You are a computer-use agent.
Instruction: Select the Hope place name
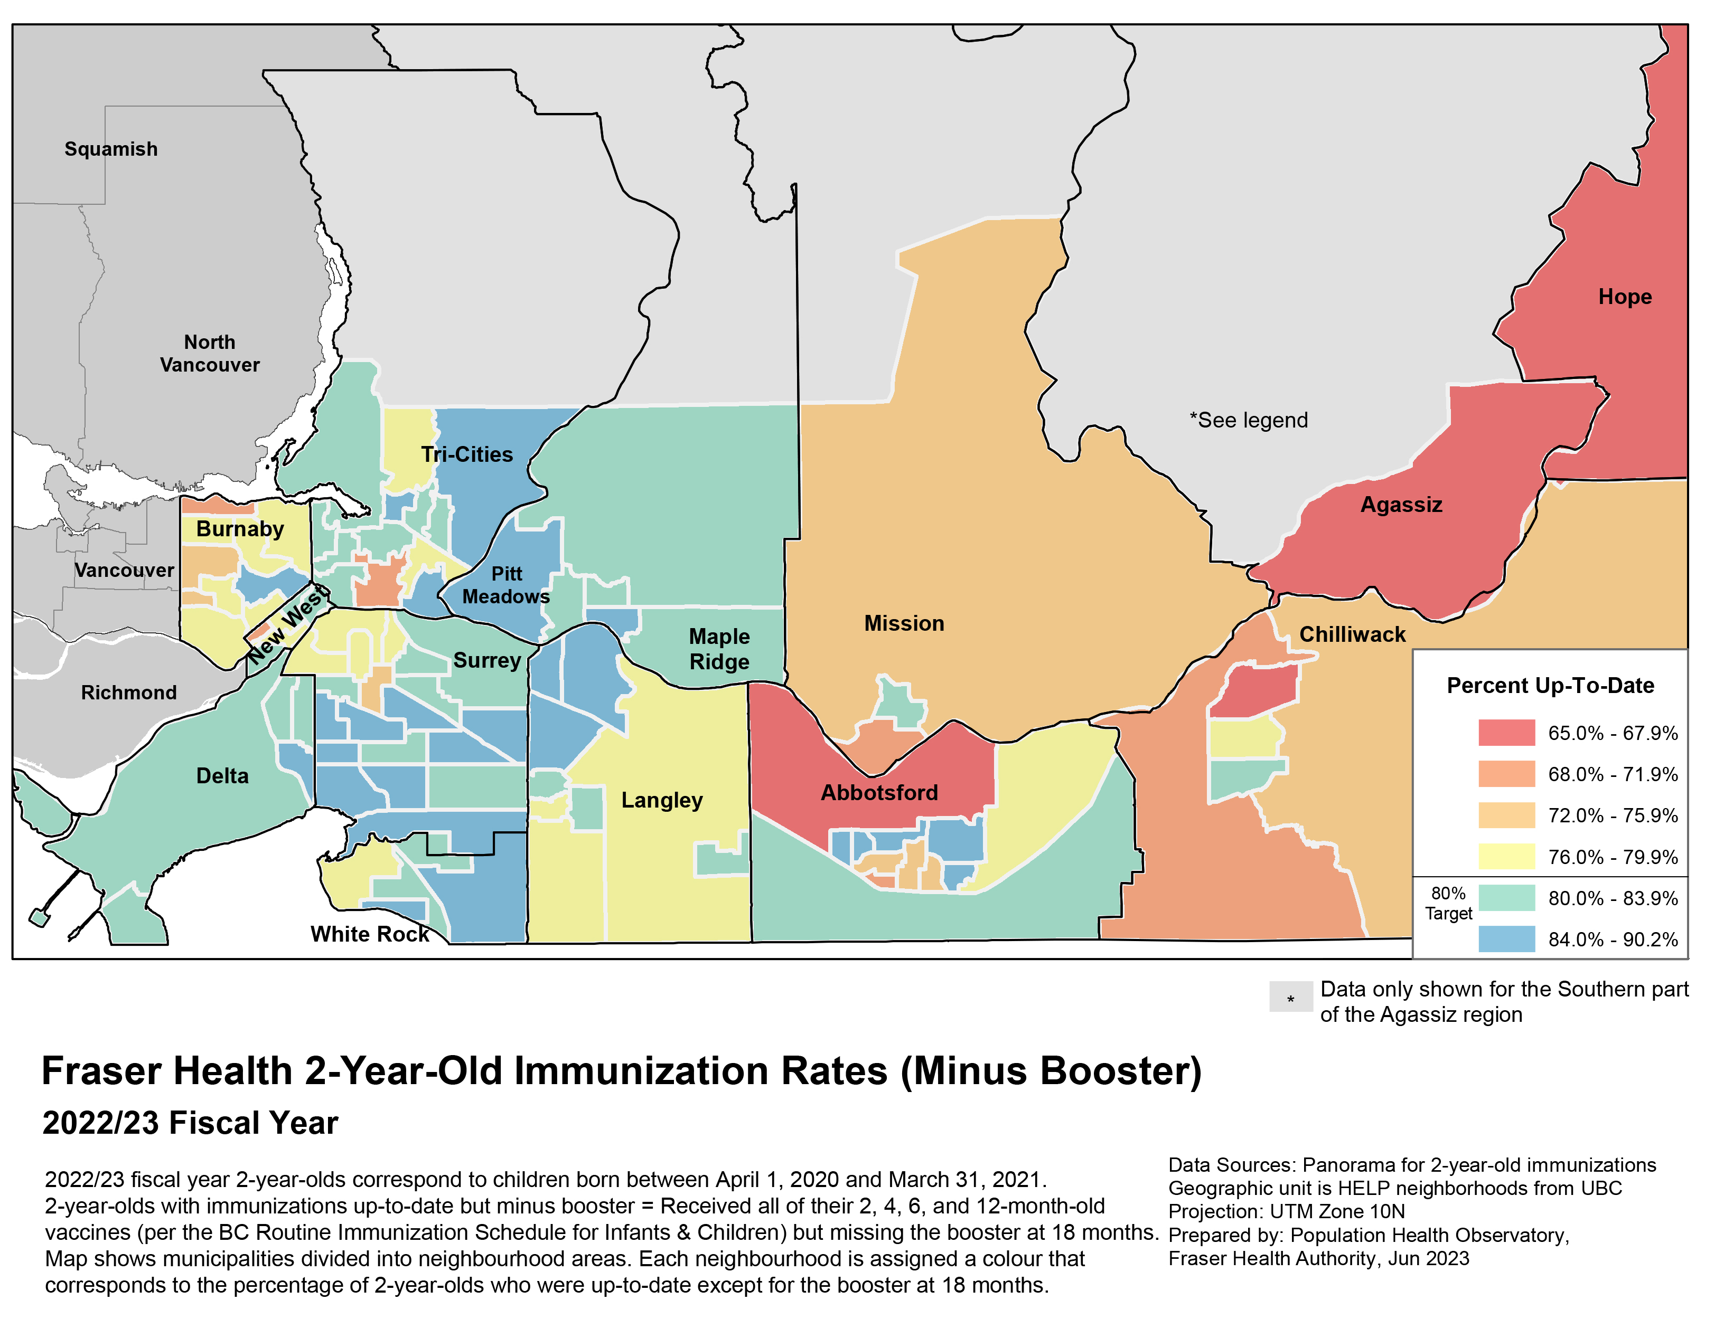point(1625,297)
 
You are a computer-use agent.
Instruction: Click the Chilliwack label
point(1352,634)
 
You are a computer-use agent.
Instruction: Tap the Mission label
point(903,623)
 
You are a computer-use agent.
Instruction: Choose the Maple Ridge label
point(718,649)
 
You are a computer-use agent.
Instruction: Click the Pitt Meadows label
point(506,585)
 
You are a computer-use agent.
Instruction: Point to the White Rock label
point(369,934)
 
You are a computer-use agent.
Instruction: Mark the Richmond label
point(129,692)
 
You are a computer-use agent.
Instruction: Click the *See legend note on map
point(1248,421)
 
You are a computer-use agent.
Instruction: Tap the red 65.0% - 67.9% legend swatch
point(1506,733)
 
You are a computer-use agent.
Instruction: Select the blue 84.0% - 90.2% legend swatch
point(1506,939)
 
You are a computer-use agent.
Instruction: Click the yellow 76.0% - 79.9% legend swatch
point(1506,856)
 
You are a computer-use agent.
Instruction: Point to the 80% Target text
point(1448,903)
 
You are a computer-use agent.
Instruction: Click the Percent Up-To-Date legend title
point(1550,686)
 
